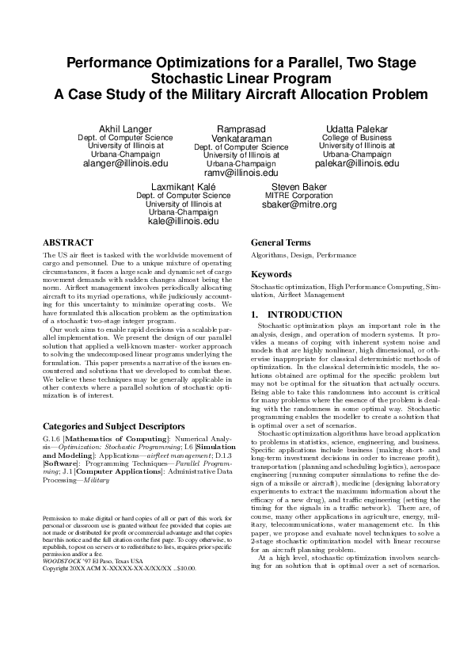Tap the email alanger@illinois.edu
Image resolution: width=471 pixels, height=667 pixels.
pos(125,164)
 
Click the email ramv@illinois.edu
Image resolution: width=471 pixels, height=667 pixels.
pos(241,173)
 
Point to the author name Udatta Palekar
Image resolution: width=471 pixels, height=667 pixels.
pos(357,128)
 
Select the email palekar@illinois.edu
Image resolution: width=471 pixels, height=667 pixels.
pos(358,164)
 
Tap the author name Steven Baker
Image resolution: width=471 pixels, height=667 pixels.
pos(298,186)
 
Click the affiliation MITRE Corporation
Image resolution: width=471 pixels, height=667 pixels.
pos(298,195)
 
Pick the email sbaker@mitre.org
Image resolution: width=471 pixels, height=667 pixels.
pos(298,204)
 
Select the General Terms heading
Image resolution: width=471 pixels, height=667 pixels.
pos(281,242)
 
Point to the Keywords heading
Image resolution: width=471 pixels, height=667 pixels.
pos(272,273)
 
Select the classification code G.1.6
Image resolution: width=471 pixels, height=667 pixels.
pos(50,437)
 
